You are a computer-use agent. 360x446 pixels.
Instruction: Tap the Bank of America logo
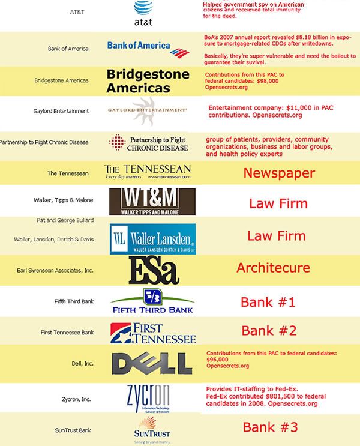coord(139,47)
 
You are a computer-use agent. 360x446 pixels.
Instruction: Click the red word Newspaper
coord(278,174)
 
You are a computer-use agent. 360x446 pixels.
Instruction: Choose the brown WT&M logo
coord(152,201)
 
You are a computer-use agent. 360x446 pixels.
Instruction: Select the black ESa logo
coord(154,271)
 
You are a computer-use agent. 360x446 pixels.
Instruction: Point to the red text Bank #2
coord(268,331)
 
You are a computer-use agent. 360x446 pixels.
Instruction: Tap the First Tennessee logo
coord(154,333)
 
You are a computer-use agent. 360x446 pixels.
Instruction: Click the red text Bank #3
coord(269,427)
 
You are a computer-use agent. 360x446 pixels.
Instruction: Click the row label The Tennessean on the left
coord(68,173)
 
